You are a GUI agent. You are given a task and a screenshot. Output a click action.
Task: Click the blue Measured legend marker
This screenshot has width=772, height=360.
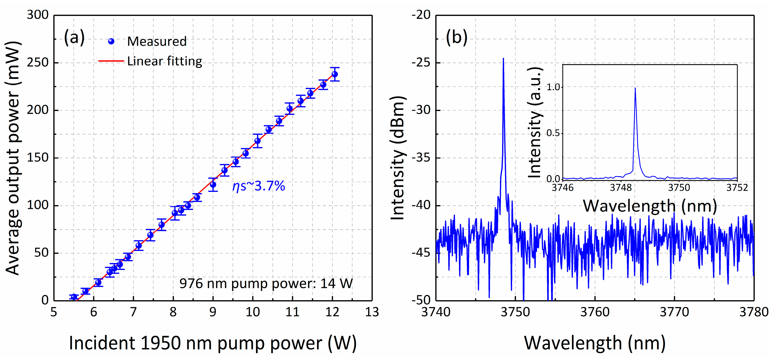111,41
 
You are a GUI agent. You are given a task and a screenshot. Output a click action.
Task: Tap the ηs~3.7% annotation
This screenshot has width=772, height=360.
258,186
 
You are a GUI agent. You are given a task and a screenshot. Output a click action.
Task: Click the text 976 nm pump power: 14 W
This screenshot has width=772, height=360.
266,283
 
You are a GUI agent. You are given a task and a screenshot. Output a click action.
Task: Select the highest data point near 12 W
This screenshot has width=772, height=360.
335,74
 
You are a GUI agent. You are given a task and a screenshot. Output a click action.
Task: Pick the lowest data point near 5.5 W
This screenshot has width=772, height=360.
74,297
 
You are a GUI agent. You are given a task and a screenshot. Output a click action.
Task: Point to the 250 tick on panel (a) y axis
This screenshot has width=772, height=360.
38,63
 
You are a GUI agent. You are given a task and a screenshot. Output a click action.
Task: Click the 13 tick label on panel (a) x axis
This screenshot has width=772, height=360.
372,312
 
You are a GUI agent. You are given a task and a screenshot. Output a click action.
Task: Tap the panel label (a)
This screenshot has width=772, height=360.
74,38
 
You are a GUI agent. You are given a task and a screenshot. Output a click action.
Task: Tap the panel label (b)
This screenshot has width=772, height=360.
456,38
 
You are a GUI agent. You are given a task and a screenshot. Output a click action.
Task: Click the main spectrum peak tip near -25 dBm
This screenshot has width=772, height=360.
503,59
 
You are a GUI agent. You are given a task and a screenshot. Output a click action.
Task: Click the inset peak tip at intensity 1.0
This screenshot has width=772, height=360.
635,88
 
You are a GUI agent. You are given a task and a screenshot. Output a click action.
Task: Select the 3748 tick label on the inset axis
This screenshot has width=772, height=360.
621,188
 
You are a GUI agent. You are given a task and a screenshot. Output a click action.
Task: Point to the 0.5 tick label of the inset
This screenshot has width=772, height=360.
553,133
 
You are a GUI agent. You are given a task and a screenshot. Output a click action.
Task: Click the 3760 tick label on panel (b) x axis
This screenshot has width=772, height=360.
595,312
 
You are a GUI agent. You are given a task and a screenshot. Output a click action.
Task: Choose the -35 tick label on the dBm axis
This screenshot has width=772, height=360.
421,158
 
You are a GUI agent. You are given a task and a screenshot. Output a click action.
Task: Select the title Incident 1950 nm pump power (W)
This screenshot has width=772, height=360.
213,343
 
